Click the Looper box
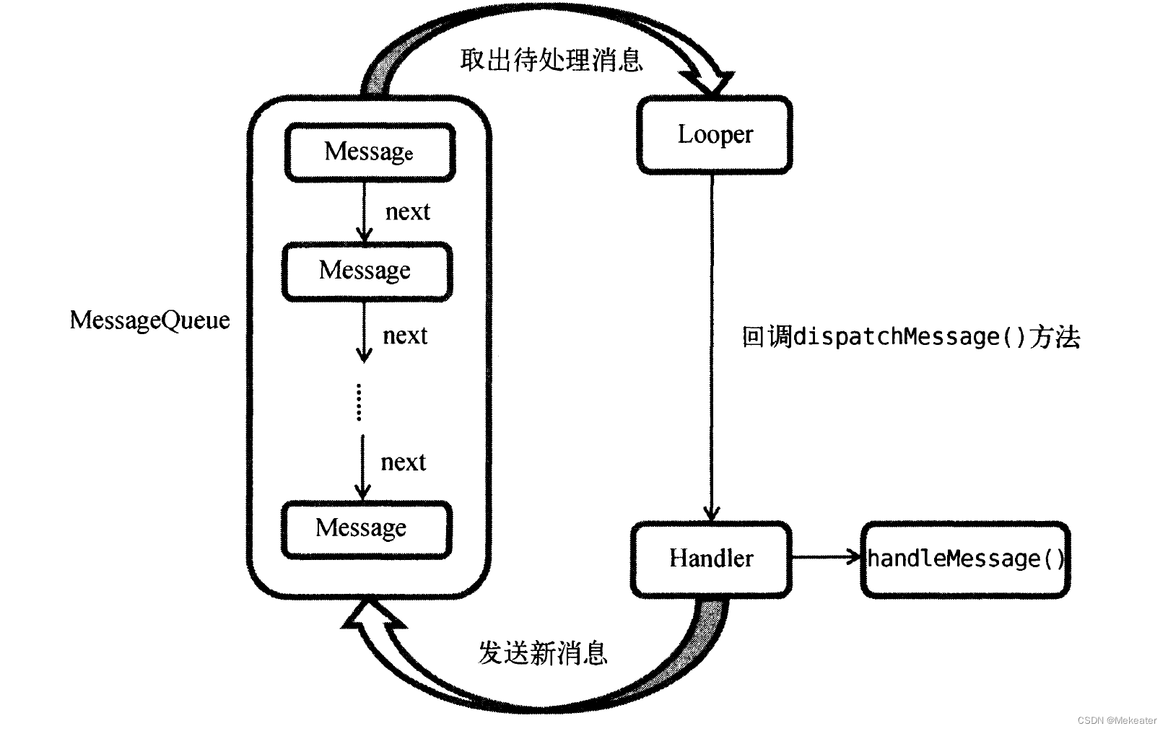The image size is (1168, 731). tap(715, 136)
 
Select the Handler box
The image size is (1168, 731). tap(711, 559)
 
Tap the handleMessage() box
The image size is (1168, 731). tap(965, 559)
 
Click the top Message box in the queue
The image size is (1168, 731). tap(370, 152)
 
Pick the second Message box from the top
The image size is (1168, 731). tap(367, 271)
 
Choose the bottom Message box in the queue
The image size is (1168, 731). tap(366, 529)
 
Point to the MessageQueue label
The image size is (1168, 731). tap(149, 320)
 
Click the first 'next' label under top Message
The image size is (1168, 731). tap(407, 212)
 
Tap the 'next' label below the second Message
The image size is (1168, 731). tap(405, 336)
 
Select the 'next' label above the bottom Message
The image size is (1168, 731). tap(403, 463)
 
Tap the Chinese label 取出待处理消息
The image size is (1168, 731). tap(551, 59)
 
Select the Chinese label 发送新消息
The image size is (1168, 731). tap(543, 653)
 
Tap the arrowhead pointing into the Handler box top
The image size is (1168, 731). tap(712, 514)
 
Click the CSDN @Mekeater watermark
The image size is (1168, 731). tap(1117, 720)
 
